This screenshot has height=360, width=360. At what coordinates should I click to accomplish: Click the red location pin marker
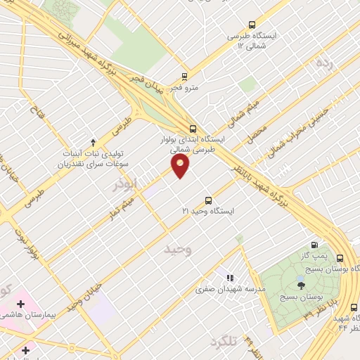point(181,166)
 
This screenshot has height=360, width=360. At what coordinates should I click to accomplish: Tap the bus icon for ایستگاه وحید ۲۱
point(207,200)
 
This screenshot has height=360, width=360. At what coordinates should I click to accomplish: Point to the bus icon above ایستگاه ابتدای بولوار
point(194,128)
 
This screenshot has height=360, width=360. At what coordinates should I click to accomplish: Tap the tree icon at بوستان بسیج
point(302,285)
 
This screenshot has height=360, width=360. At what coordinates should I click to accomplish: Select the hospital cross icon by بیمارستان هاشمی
point(20,304)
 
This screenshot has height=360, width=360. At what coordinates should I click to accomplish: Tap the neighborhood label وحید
point(177,250)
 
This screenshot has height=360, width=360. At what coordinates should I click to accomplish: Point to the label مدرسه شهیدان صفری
point(230,288)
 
